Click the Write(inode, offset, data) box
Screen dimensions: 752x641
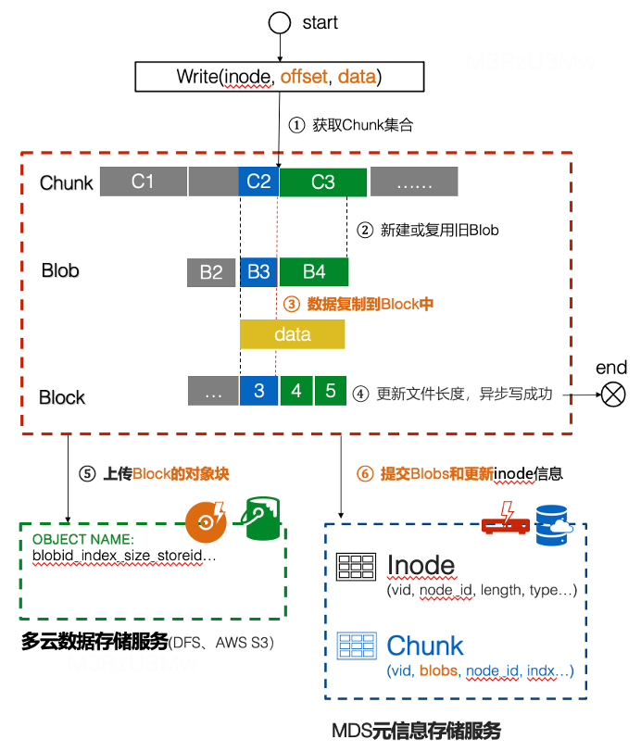279,77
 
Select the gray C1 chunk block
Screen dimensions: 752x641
142,182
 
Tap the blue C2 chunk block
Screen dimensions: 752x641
258,182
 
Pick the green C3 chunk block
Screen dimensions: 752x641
322,182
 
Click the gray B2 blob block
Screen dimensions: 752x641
211,272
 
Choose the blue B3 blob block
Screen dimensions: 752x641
258,272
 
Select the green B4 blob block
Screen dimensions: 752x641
314,272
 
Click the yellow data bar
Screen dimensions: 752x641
293,334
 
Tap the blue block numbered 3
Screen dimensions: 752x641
258,391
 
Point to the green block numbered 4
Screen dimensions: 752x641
296,391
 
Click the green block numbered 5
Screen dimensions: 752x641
331,391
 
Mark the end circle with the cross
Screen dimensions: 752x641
613,395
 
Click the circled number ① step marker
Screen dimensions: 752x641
296,125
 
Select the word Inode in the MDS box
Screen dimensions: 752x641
421,565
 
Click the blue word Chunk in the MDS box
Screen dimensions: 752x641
425,645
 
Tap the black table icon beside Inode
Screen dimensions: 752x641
356,566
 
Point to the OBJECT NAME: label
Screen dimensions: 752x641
83,539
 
